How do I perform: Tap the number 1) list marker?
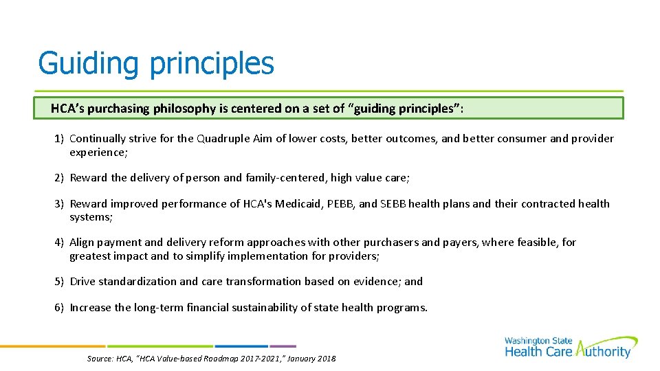tap(60, 139)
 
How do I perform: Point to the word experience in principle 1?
tap(96, 152)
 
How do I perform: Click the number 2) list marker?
tap(60, 178)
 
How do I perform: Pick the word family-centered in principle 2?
tap(285, 178)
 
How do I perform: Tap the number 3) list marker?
tap(60, 204)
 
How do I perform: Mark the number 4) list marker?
tap(60, 243)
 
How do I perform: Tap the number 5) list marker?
tap(60, 282)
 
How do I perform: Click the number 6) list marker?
tap(60, 308)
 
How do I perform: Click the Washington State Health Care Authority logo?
tap(570, 347)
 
